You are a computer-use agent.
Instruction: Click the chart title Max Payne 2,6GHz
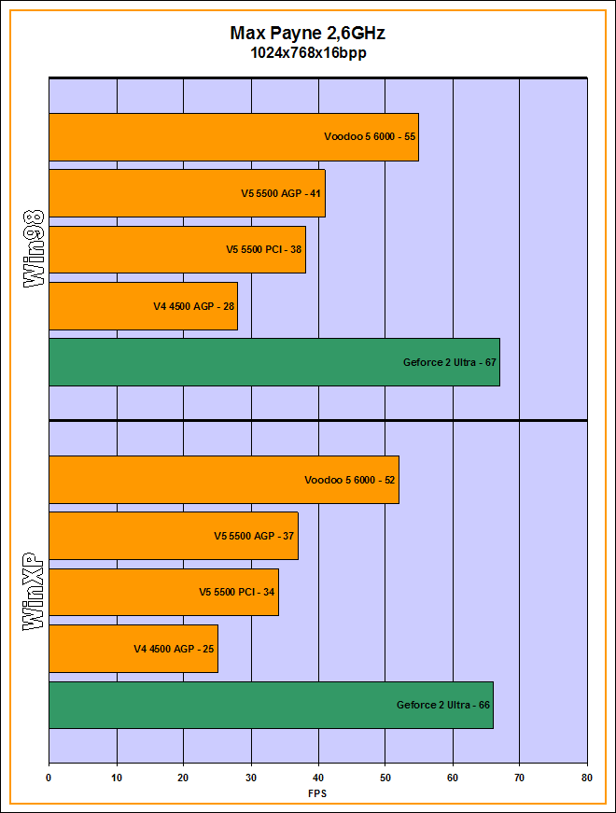pyautogui.click(x=307, y=34)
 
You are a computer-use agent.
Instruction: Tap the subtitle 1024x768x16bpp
pyautogui.click(x=307, y=53)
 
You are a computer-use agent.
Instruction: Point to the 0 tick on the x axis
pyautogui.click(x=49, y=777)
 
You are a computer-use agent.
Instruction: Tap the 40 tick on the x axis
pyautogui.click(x=318, y=777)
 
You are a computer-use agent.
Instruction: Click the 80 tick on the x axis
pyautogui.click(x=586, y=777)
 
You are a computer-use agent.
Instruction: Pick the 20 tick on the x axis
pyautogui.click(x=183, y=777)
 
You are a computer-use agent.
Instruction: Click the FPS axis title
pyautogui.click(x=317, y=793)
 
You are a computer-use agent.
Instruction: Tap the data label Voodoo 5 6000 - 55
pyautogui.click(x=370, y=137)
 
